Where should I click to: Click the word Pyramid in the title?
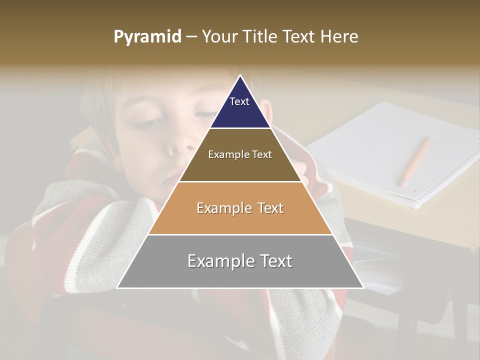(147, 37)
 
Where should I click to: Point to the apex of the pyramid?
(240, 76)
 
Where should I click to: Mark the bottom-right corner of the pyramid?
(363, 287)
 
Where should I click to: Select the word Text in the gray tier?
(272, 260)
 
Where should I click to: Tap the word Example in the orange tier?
(218, 208)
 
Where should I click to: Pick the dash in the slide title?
(191, 37)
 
